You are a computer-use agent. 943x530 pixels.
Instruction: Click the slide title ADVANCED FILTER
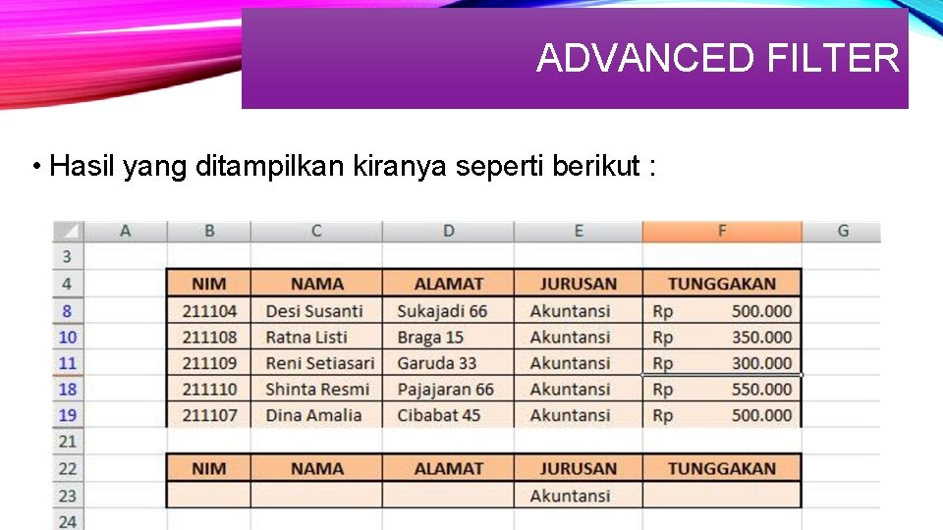pyautogui.click(x=717, y=59)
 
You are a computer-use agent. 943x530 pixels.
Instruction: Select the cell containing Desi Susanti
pyautogui.click(x=314, y=311)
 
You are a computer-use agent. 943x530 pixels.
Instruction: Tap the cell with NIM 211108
pyautogui.click(x=209, y=337)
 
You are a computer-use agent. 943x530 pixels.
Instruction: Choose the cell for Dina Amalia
pyautogui.click(x=313, y=415)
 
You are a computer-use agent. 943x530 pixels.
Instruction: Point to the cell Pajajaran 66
pyautogui.click(x=446, y=390)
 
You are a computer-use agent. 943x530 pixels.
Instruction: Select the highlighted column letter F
pyautogui.click(x=722, y=232)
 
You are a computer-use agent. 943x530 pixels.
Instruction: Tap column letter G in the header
pyautogui.click(x=843, y=232)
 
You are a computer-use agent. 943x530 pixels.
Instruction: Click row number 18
pyautogui.click(x=67, y=390)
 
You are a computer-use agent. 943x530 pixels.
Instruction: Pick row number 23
pyautogui.click(x=67, y=496)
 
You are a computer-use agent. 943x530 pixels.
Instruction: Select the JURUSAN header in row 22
pyautogui.click(x=578, y=468)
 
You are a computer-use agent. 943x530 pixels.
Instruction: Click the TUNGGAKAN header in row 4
pyautogui.click(x=722, y=284)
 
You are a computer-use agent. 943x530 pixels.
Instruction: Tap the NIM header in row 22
pyautogui.click(x=208, y=468)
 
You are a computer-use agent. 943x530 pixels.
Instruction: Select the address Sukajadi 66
pyautogui.click(x=442, y=311)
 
